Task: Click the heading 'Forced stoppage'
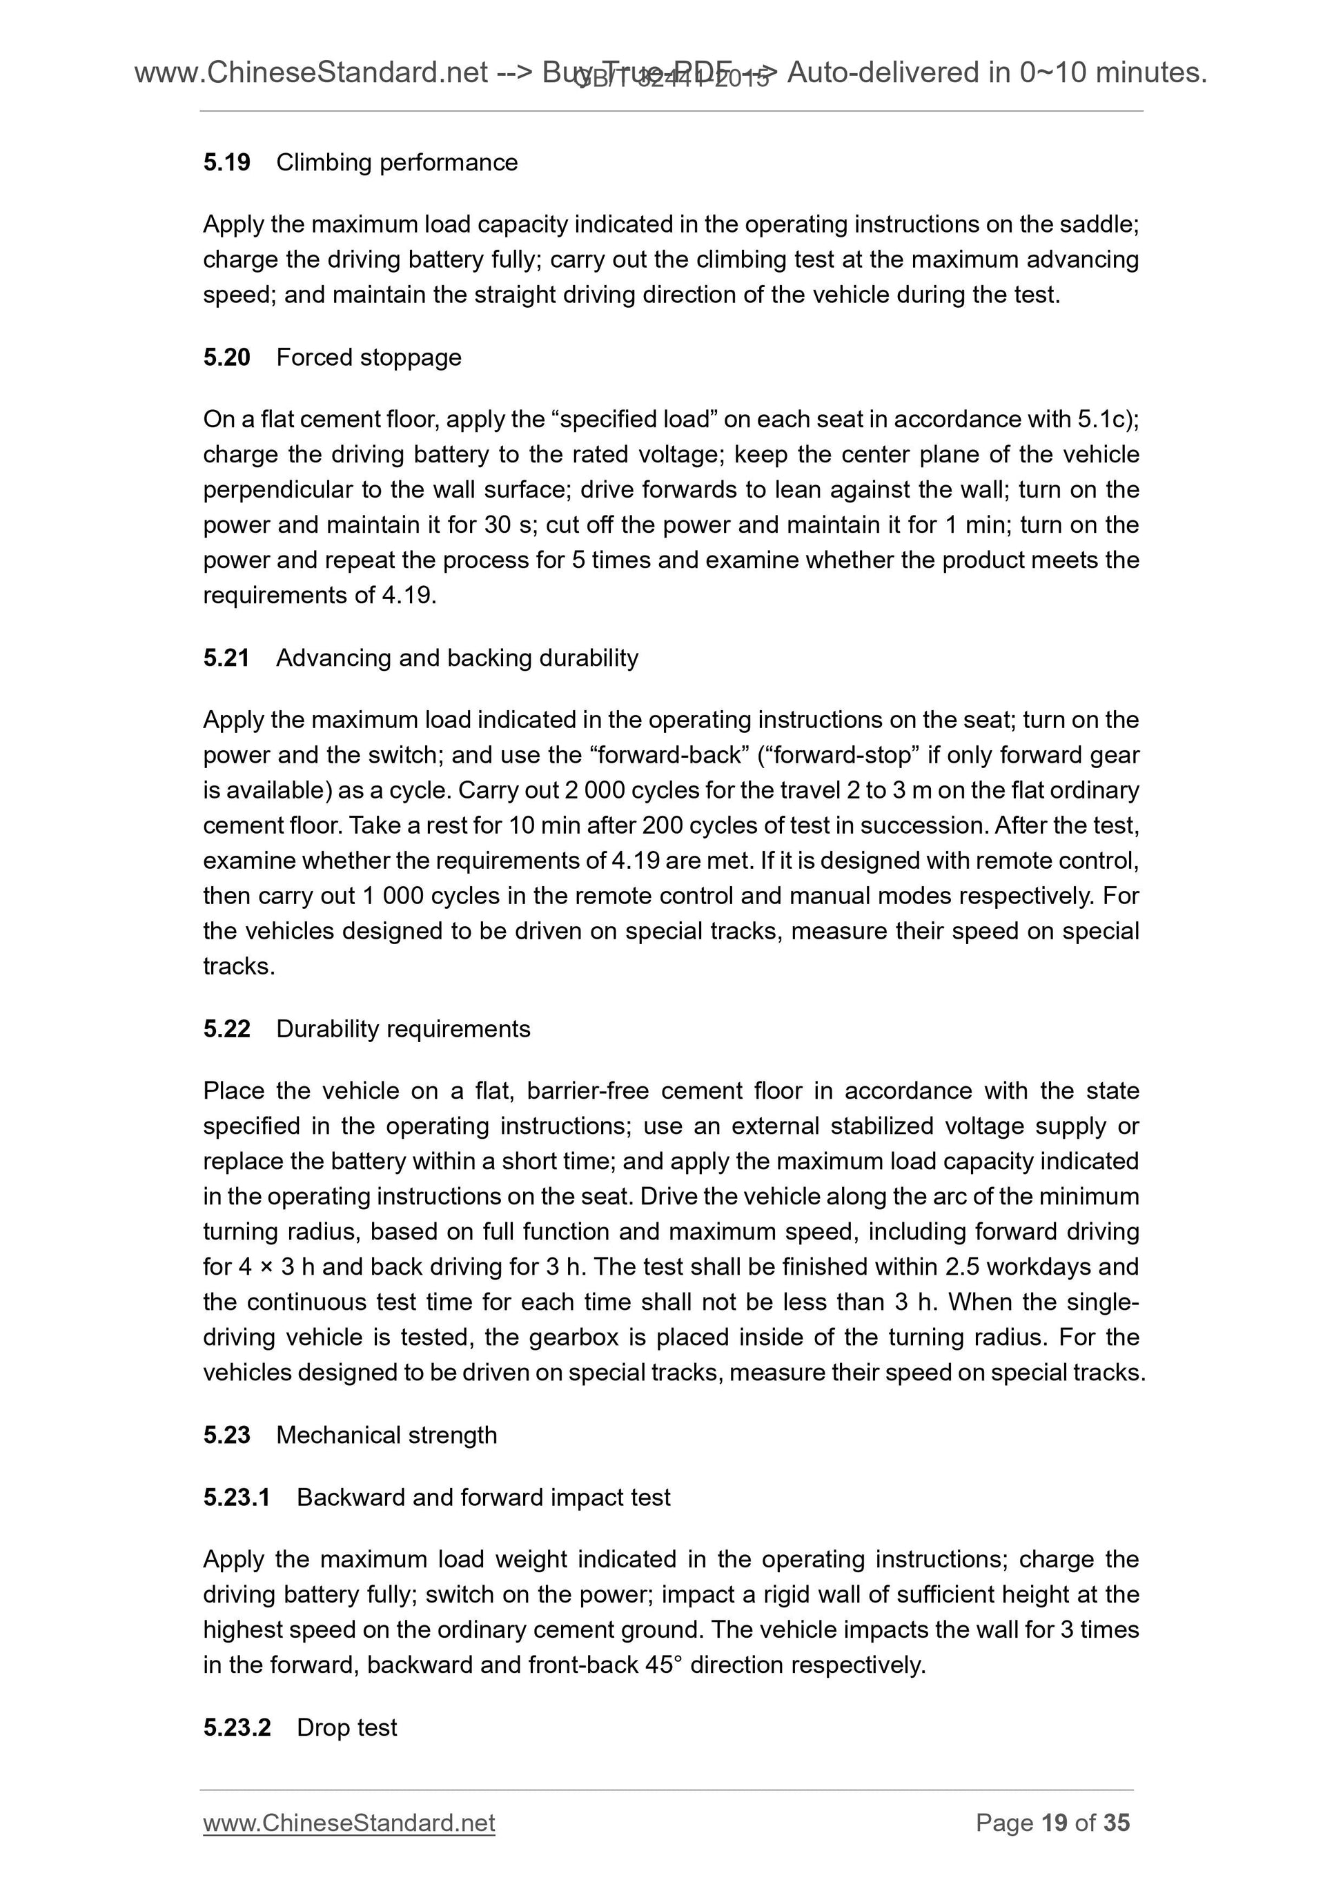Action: coord(369,358)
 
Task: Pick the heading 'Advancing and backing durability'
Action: coord(457,658)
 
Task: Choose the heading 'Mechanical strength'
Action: coord(386,1435)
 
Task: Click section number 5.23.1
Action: coord(237,1497)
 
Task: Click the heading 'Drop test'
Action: coord(346,1728)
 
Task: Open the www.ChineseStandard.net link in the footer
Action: coord(349,1823)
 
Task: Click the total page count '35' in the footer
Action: coord(1116,1823)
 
